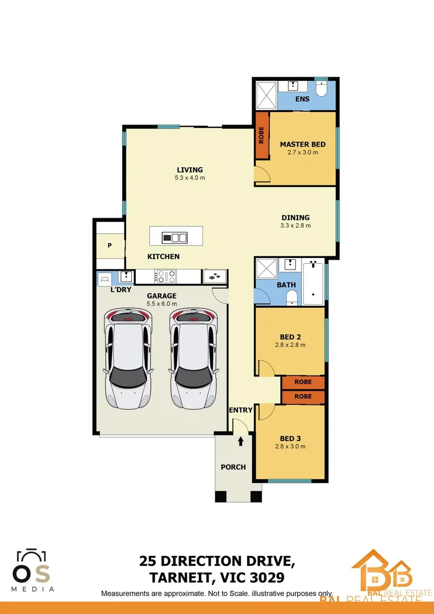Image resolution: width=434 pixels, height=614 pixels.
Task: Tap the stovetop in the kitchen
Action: pyautogui.click(x=165, y=277)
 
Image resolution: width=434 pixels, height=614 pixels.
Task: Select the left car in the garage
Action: pyautogui.click(x=128, y=359)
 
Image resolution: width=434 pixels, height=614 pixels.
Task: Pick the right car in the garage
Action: pyautogui.click(x=194, y=359)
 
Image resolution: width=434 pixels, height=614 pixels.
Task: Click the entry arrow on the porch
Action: pyautogui.click(x=241, y=441)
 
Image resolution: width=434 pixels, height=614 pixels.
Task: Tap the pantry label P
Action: pyautogui.click(x=110, y=246)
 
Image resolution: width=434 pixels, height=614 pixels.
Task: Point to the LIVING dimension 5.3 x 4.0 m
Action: pyautogui.click(x=190, y=178)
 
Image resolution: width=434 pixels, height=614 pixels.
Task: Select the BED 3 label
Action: pyautogui.click(x=290, y=438)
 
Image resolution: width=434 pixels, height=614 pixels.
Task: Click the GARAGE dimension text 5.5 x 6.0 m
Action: pyautogui.click(x=162, y=304)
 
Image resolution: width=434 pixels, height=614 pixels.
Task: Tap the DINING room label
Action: pyautogui.click(x=295, y=217)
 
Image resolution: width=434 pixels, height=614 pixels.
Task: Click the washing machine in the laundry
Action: pyautogui.click(x=105, y=279)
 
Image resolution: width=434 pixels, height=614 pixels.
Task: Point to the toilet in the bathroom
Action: pyautogui.click(x=291, y=297)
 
